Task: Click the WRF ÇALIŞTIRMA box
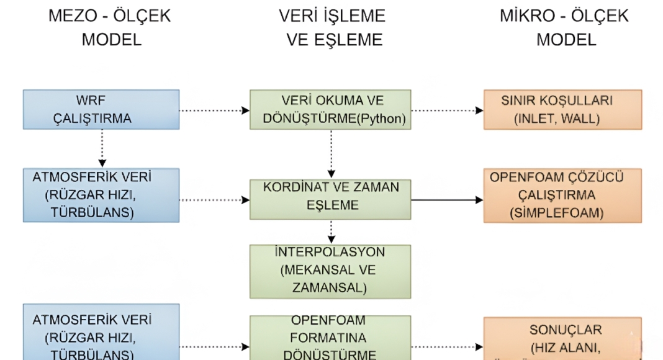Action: tap(101, 109)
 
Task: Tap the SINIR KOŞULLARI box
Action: tap(562, 109)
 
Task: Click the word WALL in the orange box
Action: tap(580, 119)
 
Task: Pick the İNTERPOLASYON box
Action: tap(330, 271)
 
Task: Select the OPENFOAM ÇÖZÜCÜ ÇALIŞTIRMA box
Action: tap(562, 195)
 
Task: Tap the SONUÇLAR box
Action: tap(562, 339)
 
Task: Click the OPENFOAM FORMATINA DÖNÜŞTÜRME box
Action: tap(330, 338)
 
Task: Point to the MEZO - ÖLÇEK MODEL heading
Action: tap(109, 28)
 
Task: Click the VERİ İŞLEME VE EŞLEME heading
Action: tap(333, 28)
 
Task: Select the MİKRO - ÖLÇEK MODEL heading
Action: tap(564, 28)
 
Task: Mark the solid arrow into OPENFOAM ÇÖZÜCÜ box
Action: tap(447, 200)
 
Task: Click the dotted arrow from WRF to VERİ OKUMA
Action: tap(214, 110)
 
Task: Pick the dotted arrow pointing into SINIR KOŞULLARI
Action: tap(447, 110)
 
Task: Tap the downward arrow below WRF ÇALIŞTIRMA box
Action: tap(101, 148)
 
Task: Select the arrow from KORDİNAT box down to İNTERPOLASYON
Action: tap(331, 232)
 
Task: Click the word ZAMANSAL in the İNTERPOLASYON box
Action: tap(330, 288)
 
